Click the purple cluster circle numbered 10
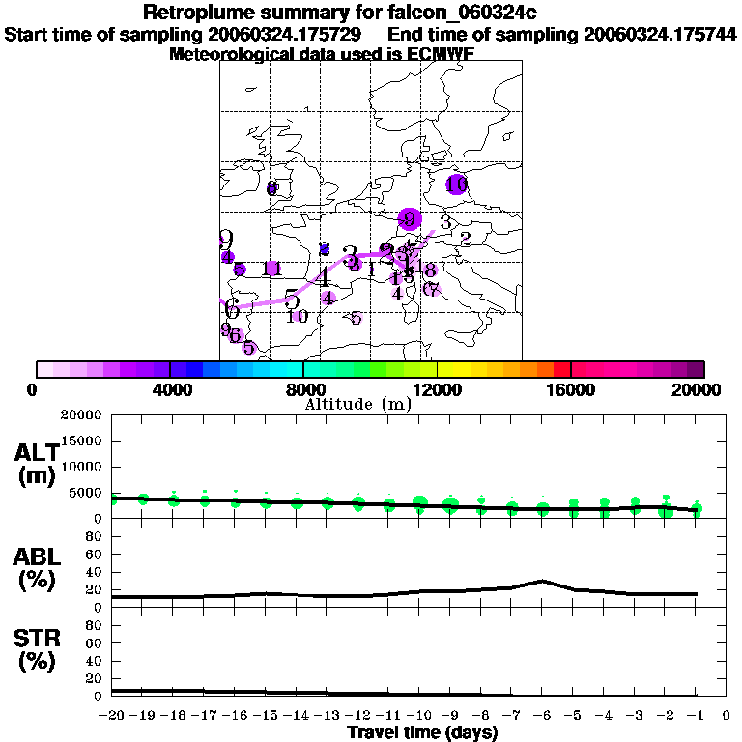[457, 184]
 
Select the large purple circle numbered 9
[410, 219]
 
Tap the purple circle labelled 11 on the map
[271, 269]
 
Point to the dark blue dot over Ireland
[272, 188]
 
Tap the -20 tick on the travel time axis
[113, 716]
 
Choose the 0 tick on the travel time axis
[727, 716]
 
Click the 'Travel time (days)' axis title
[422, 733]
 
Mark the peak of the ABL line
[543, 581]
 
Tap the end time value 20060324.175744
[660, 34]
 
